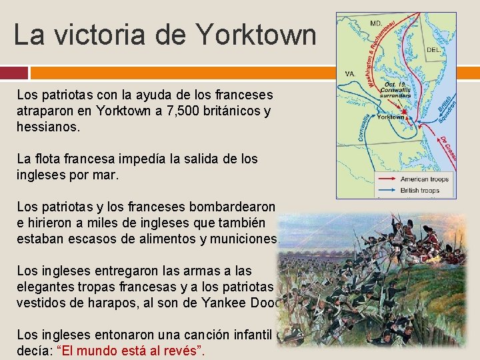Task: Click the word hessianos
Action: click(x=48, y=126)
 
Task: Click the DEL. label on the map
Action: click(x=433, y=50)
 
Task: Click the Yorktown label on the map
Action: click(x=391, y=117)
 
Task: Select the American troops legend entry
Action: click(x=425, y=179)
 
